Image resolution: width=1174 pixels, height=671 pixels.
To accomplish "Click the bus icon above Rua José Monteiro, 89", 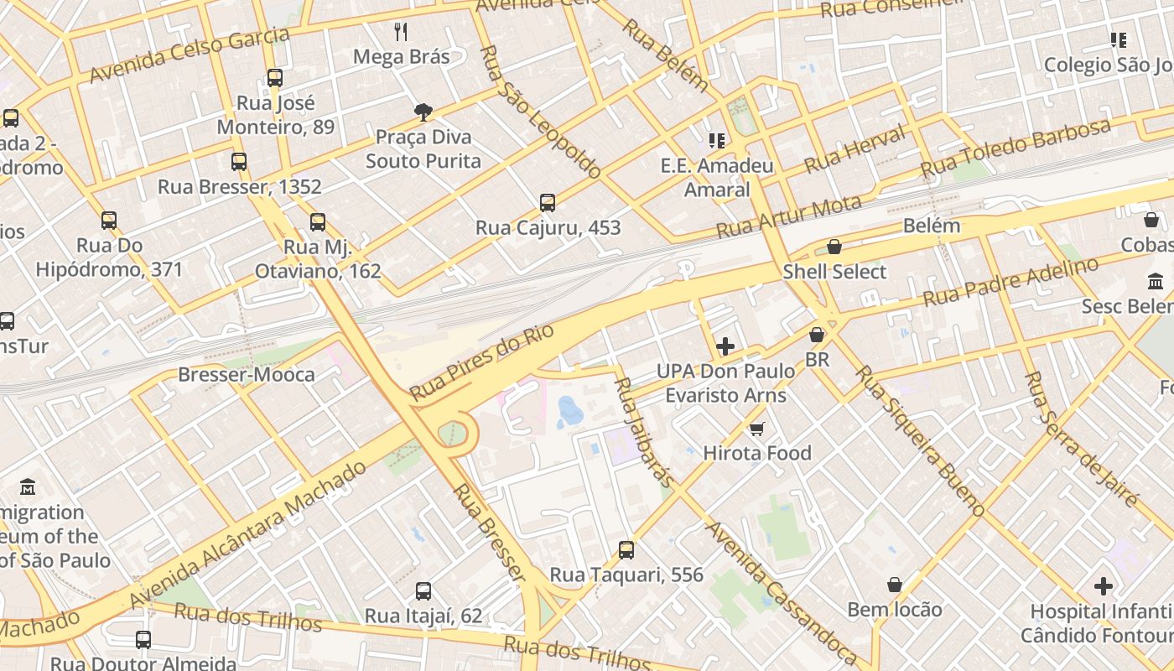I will click(x=274, y=78).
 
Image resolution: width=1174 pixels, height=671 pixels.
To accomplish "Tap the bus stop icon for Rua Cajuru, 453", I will click(x=548, y=202).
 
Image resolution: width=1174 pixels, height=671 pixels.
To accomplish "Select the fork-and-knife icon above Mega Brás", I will click(x=401, y=32).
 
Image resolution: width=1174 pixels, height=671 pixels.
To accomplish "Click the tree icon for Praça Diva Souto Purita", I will click(x=423, y=112).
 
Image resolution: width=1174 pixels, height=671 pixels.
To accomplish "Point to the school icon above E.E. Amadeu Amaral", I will click(x=716, y=140).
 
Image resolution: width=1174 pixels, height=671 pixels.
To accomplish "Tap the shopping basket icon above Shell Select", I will click(x=834, y=247).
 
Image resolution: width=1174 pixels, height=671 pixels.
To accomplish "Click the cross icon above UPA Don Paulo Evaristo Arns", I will click(x=725, y=346).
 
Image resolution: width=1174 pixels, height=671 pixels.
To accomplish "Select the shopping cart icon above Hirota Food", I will click(x=756, y=429).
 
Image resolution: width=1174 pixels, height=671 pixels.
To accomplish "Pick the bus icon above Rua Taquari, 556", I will click(x=626, y=550).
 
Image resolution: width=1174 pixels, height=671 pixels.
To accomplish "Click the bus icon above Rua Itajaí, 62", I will click(x=423, y=590).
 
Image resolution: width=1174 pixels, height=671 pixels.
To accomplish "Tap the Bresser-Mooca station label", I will click(x=247, y=374).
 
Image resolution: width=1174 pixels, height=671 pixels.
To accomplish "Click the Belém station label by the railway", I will click(x=932, y=226).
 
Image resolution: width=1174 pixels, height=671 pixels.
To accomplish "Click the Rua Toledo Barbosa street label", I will click(x=1016, y=148).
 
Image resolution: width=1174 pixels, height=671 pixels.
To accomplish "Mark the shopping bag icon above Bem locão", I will click(x=895, y=584).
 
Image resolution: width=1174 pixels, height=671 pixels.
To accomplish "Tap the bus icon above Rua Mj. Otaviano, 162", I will click(x=317, y=221).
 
